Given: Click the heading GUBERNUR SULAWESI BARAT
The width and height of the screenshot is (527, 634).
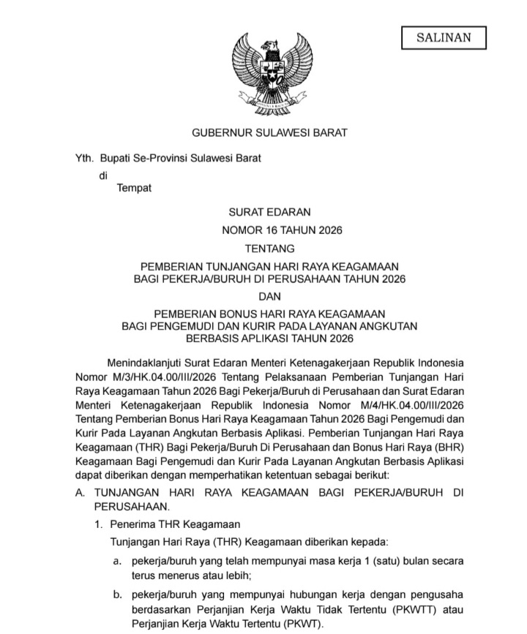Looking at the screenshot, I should [x=269, y=132].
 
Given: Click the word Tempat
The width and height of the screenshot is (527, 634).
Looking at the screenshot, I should [x=134, y=188].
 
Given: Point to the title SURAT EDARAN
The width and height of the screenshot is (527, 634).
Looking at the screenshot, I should [x=269, y=212].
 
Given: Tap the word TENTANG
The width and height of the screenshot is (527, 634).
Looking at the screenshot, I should [x=269, y=249].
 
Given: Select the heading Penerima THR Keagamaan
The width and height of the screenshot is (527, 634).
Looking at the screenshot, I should [x=175, y=524].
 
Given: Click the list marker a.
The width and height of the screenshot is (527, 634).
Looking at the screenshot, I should [x=116, y=561].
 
